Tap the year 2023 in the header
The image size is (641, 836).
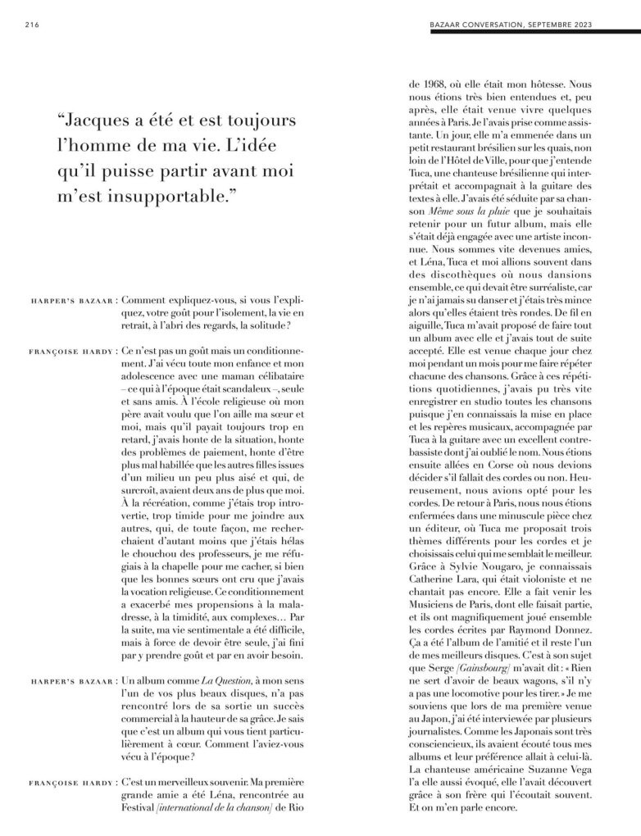point(609,25)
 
